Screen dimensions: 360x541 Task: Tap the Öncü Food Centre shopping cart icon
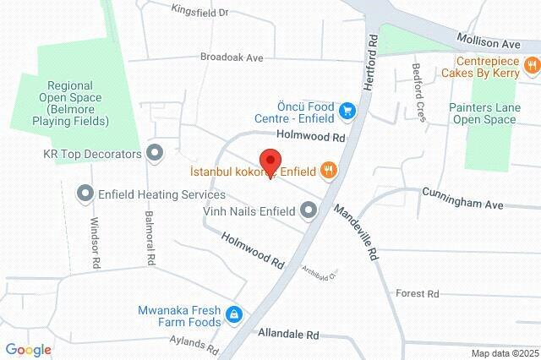[347, 110]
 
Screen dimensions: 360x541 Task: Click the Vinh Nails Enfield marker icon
[309, 210]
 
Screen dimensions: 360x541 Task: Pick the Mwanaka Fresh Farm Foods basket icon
[233, 316]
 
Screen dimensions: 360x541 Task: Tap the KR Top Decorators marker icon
[154, 154]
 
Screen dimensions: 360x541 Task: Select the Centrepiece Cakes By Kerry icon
[531, 65]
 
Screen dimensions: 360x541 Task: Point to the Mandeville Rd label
[358, 230]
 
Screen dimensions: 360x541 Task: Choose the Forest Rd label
[418, 293]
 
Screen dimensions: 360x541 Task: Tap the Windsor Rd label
[96, 240]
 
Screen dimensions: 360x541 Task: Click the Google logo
[28, 350]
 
